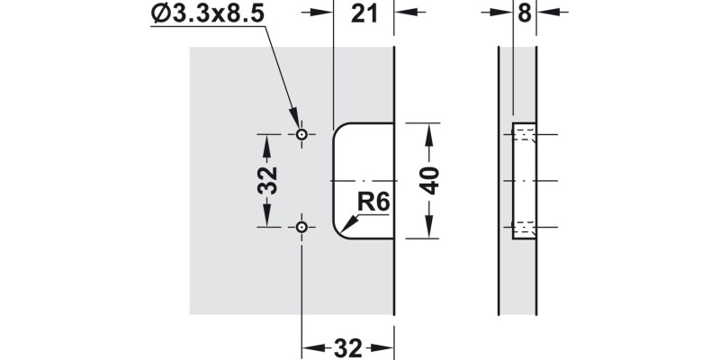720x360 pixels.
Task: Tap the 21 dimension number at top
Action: click(364, 14)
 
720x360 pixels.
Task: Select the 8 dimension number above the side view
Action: click(526, 13)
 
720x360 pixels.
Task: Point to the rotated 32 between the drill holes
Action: click(266, 181)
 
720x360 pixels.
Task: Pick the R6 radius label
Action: click(373, 202)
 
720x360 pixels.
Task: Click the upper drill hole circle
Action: click(301, 135)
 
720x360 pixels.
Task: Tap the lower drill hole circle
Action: click(301, 226)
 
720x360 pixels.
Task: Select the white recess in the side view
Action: click(524, 180)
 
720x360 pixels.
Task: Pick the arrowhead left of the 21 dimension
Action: click(328, 13)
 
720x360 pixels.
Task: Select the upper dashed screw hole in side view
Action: click(524, 136)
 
